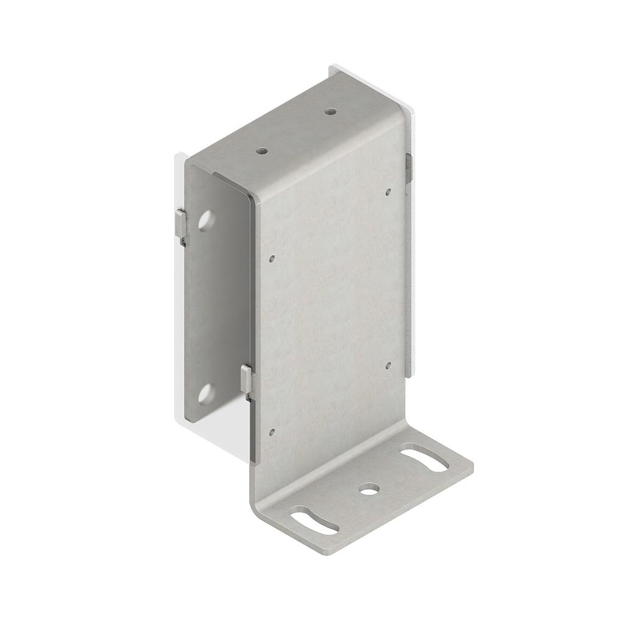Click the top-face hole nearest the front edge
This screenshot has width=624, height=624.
coord(261,149)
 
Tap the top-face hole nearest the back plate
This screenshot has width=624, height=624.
coord(330,112)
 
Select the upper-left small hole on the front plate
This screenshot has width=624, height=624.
coord(272,258)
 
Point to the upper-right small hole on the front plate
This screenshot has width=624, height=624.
coord(388,191)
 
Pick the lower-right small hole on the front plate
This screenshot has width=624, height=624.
coord(388,366)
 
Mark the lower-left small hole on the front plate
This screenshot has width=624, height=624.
coord(272,432)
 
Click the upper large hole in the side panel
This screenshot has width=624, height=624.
coord(205,220)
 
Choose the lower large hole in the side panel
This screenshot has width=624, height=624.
coord(205,394)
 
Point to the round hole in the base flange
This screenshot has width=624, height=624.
coord(367,488)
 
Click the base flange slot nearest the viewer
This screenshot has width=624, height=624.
coord(314,522)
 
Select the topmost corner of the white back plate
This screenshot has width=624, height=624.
coord(332,66)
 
